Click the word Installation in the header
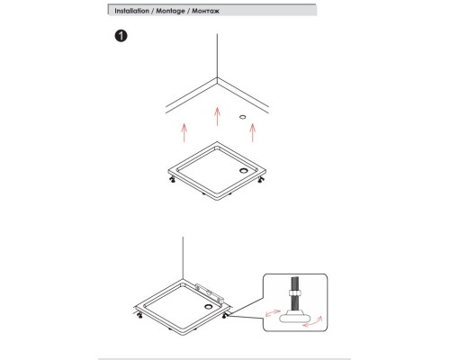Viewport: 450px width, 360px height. click(131, 11)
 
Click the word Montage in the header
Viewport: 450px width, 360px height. click(170, 11)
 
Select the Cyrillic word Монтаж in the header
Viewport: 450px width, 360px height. click(206, 11)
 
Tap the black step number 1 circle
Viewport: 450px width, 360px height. click(121, 36)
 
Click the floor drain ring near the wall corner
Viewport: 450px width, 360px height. click(243, 117)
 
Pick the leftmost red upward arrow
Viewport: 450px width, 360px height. click(184, 132)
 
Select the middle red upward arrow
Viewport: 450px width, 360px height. click(217, 116)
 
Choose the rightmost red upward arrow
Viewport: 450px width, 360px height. click(253, 132)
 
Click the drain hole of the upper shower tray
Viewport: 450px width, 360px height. click(243, 171)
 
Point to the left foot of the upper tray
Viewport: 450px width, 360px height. click(173, 179)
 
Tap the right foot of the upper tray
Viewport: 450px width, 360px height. click(261, 179)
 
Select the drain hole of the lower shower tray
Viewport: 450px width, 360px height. click(208, 306)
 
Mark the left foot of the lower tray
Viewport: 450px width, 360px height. click(139, 315)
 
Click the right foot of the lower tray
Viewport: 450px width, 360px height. click(225, 315)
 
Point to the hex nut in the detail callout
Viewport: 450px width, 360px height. click(293, 293)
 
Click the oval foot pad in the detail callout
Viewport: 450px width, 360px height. click(292, 317)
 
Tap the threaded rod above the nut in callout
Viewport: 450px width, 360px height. click(293, 283)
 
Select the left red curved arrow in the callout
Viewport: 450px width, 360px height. click(273, 313)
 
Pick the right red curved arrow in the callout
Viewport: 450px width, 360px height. click(313, 322)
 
